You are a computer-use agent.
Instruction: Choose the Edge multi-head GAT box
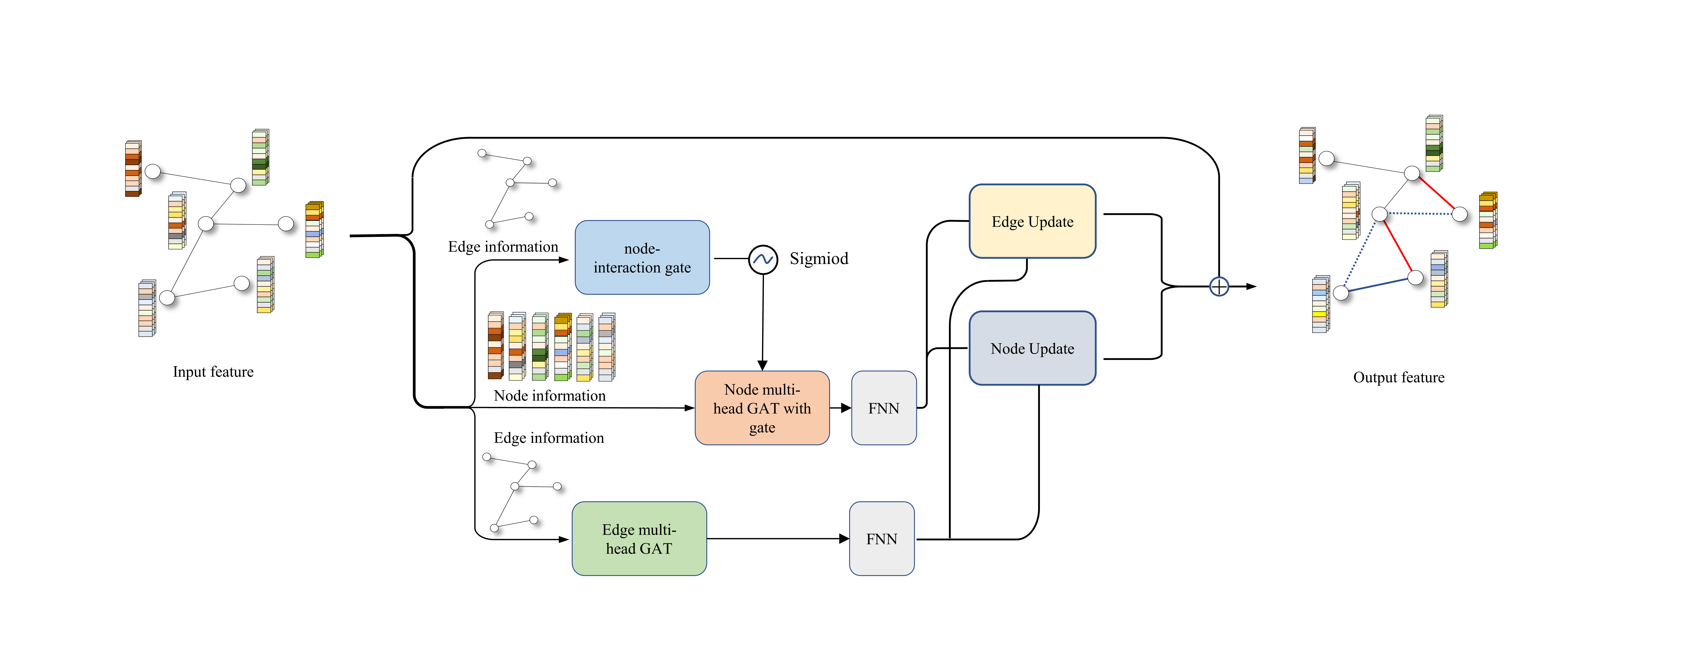click(x=639, y=539)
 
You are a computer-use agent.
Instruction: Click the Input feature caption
click(x=213, y=372)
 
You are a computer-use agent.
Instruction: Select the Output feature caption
click(x=1398, y=377)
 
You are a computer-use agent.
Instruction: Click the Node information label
click(x=549, y=395)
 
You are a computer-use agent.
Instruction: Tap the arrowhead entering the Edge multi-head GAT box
click(x=565, y=540)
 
